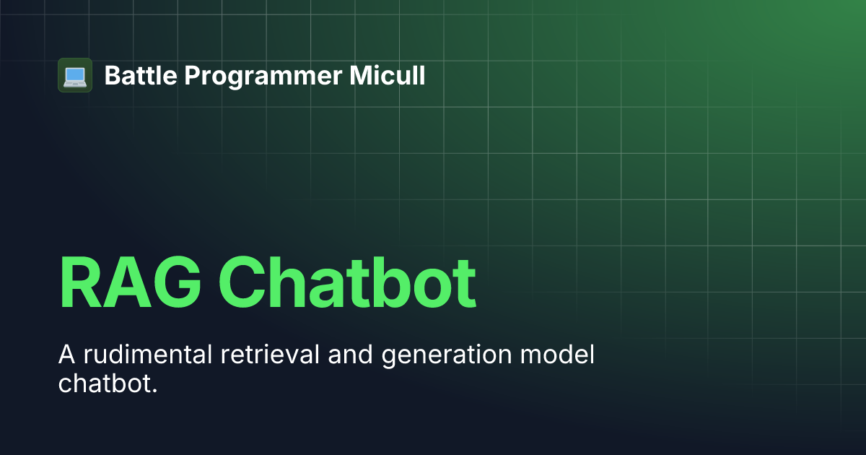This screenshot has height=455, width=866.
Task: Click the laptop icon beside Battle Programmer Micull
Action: [x=75, y=75]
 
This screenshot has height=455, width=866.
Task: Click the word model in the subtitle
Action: [x=560, y=355]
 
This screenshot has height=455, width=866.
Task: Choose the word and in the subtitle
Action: [x=351, y=355]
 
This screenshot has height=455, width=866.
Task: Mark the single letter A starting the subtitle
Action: [x=66, y=355]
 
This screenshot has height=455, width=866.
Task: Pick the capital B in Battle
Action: [x=111, y=75]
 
